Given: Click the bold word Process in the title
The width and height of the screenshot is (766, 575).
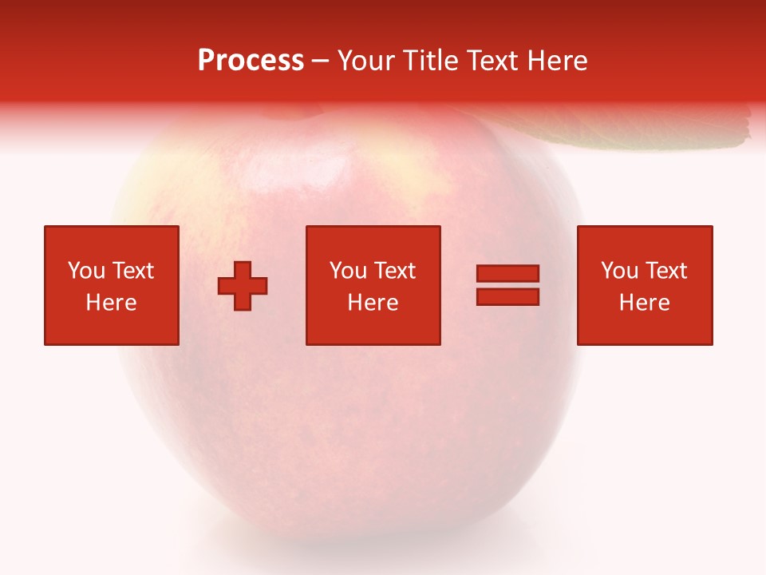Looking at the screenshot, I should (x=251, y=61).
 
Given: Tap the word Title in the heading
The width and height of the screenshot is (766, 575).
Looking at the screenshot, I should (x=428, y=61).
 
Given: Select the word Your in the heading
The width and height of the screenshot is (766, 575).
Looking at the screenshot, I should (x=366, y=61).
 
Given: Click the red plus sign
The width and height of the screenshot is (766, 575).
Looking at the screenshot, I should (x=243, y=286).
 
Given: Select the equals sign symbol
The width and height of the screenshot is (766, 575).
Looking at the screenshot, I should (x=507, y=285).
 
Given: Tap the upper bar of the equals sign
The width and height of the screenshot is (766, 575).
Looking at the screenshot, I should (x=507, y=274).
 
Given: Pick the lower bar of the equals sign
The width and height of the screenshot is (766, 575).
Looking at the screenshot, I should (x=507, y=296).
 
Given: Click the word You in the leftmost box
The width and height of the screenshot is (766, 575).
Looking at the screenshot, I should (x=86, y=271).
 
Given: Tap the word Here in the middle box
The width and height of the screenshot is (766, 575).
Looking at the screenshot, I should (x=373, y=303).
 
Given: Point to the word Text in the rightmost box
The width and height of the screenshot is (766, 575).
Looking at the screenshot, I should (x=666, y=271).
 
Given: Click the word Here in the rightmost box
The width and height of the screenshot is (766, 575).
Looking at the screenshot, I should (x=645, y=303).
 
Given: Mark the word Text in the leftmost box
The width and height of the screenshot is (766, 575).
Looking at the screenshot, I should (x=132, y=271).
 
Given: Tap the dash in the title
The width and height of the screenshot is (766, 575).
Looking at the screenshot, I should (x=320, y=61).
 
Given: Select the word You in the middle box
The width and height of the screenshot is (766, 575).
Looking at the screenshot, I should (x=348, y=271).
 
